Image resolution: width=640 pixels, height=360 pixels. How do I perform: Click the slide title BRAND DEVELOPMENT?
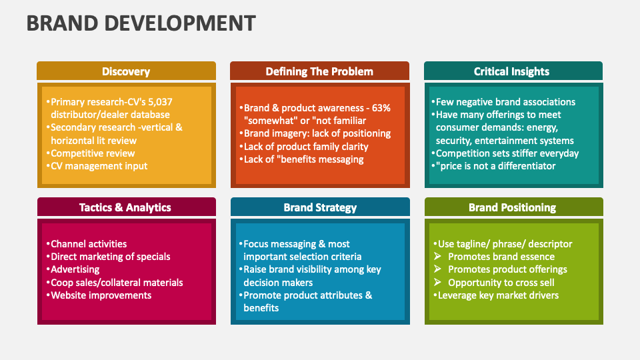pos(141,23)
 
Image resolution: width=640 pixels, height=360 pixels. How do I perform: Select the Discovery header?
pos(126,71)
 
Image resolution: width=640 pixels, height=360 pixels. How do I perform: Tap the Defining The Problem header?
pos(319,71)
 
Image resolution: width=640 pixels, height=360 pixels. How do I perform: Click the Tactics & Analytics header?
pos(125,207)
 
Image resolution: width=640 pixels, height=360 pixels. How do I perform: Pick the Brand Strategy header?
pos(319,207)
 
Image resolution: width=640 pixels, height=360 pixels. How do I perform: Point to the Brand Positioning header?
pos(512,207)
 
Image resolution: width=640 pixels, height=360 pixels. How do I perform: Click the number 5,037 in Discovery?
pos(159,102)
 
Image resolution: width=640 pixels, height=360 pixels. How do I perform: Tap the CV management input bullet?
pos(99,166)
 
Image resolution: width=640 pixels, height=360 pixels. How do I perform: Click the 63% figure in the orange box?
pos(381,108)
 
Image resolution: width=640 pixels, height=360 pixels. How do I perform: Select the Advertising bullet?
pos(75,269)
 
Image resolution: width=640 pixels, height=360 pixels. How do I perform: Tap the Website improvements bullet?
pos(101,295)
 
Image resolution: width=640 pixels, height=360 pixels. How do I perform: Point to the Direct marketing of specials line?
pos(110,257)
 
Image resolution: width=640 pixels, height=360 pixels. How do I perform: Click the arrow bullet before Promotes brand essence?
pos(438,257)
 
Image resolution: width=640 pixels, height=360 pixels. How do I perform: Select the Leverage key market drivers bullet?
pos(497,295)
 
